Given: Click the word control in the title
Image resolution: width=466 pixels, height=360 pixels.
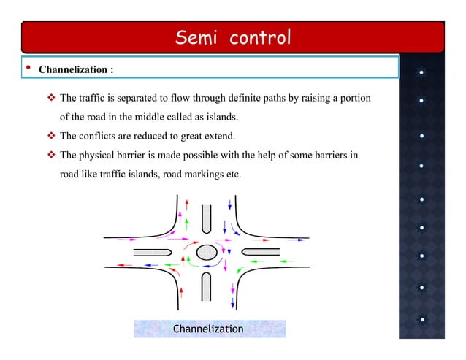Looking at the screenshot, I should pos(260,37).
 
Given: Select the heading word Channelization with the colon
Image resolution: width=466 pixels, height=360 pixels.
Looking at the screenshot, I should pos(75,71).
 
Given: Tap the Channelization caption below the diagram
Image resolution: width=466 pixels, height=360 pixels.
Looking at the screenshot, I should pos(208,329).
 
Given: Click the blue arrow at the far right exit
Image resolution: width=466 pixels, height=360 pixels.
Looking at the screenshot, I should pos(297,239).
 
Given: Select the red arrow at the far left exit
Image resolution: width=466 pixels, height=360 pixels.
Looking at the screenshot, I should pos(123,264).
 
